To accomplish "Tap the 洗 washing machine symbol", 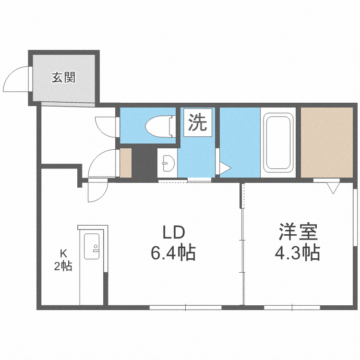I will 197,123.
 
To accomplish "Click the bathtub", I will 278,142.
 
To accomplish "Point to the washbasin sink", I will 168,163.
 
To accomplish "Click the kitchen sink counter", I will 91,247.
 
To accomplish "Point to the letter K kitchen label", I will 62,253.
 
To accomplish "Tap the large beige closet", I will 326,142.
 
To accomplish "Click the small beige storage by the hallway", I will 125,163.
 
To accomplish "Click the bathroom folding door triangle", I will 225,168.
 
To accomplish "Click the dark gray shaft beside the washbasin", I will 144,163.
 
